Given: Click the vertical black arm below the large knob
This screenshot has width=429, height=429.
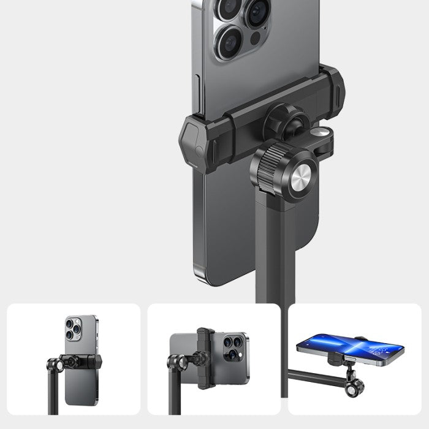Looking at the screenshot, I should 275,245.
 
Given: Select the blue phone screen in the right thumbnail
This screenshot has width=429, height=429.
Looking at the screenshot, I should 349,346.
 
